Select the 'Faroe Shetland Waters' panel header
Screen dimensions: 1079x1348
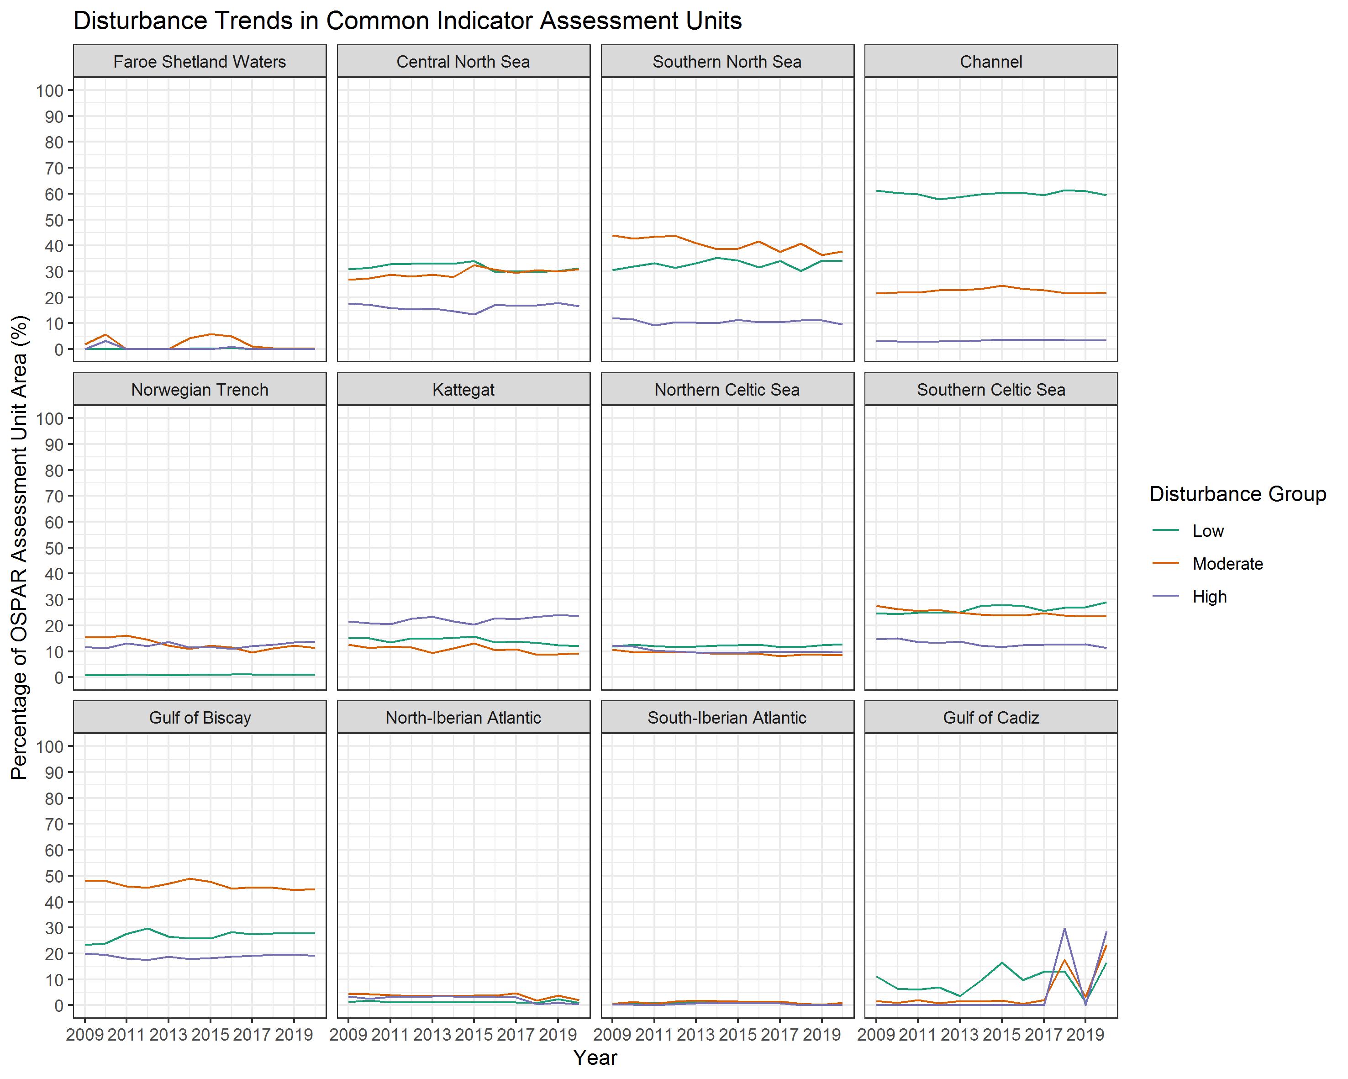coord(200,62)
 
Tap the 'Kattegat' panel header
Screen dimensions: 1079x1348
coord(463,390)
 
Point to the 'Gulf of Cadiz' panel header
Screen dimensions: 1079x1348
coord(991,718)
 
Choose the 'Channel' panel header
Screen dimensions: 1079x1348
coord(991,62)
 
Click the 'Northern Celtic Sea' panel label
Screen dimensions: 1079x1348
coord(727,390)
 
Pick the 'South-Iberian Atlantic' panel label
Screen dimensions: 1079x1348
coord(727,718)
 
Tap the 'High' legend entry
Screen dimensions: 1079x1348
coord(1209,597)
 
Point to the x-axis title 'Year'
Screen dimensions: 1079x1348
coord(595,1058)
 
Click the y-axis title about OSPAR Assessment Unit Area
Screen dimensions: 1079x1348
coord(20,547)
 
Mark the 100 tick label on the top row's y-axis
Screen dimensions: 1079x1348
coord(50,91)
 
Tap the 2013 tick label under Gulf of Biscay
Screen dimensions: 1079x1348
coord(168,1035)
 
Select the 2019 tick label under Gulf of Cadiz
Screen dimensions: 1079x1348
coord(1085,1035)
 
